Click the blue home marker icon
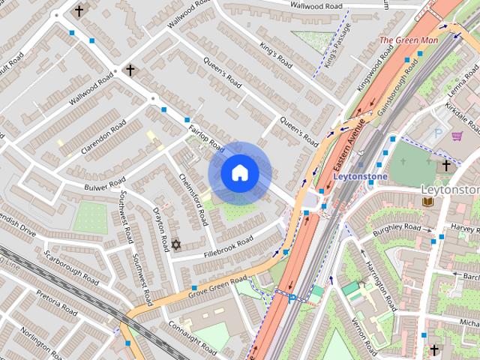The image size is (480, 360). tap(240, 173)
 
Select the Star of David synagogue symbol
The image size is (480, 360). tap(177, 244)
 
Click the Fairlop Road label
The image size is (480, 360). tap(207, 136)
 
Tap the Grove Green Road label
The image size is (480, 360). tap(218, 284)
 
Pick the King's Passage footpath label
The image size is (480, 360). tap(332, 49)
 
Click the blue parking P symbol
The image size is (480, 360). tap(439, 133)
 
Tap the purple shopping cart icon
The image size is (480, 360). tap(457, 136)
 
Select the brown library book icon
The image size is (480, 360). tap(427, 202)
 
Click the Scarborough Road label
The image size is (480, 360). tap(71, 265)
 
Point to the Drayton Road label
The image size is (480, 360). tap(160, 229)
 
